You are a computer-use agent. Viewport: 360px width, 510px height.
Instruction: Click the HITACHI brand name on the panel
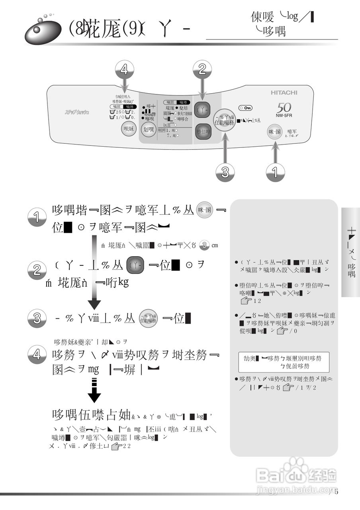284,92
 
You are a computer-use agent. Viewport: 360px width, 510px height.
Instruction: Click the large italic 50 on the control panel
284,107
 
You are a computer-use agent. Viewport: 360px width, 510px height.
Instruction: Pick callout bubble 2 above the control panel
202,70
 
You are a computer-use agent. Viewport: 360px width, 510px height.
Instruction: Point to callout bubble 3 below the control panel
225,172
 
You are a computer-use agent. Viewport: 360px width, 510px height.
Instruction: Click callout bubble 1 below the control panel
275,172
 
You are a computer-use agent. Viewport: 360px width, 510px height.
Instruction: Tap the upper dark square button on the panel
202,110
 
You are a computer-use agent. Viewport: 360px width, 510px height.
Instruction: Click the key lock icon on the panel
245,108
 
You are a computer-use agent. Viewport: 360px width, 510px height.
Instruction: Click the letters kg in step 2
123,282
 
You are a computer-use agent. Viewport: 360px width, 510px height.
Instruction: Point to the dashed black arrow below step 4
94,390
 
